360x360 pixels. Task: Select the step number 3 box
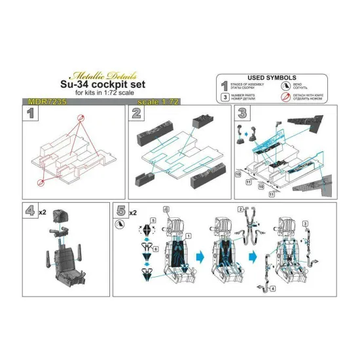(242, 114)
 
